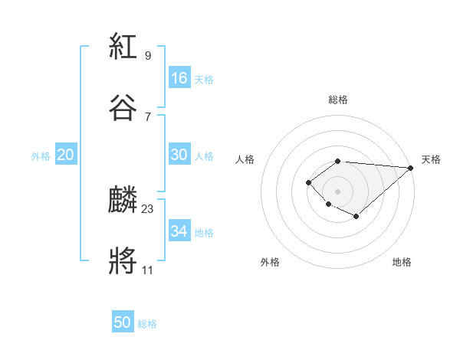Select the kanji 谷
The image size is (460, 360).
(x=123, y=108)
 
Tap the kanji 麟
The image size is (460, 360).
(x=123, y=201)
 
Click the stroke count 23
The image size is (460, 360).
(x=148, y=208)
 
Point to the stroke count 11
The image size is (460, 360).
(x=148, y=270)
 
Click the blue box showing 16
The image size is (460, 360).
(x=179, y=78)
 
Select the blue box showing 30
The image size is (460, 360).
(x=179, y=155)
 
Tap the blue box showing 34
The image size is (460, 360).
(x=179, y=231)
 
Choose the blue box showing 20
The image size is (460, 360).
(x=66, y=155)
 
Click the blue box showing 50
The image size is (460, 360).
(x=123, y=322)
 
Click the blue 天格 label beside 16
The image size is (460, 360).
(x=204, y=80)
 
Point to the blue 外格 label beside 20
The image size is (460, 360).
(x=41, y=156)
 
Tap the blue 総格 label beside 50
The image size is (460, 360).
(x=147, y=324)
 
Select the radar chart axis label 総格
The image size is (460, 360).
(x=338, y=100)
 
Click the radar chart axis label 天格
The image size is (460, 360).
(x=431, y=159)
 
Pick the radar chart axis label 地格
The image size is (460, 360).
(x=402, y=262)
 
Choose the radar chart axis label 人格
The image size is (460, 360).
(x=245, y=159)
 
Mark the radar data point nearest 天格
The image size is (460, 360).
(x=411, y=168)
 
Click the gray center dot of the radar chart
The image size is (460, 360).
(x=338, y=191)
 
